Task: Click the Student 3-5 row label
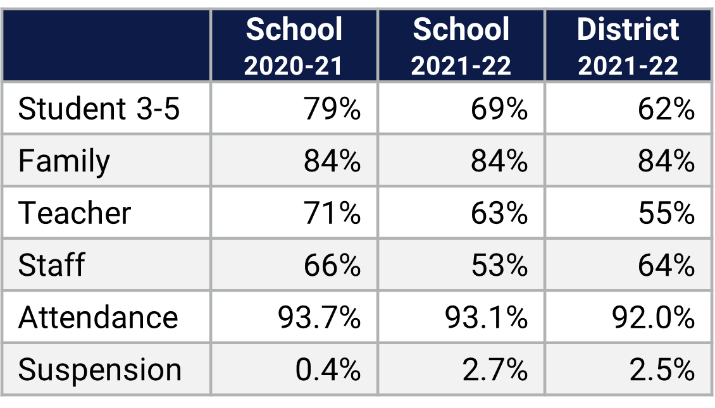(99, 109)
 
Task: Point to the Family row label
(64, 161)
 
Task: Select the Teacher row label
(75, 213)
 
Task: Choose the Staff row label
(51, 265)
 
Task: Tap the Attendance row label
(98, 317)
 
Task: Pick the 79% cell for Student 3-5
(332, 109)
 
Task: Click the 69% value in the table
(499, 109)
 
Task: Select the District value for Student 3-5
(666, 109)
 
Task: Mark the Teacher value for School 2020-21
(332, 213)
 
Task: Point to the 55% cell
(666, 213)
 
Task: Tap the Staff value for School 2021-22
(499, 265)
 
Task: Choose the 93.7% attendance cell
(319, 317)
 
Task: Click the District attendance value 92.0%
(653, 317)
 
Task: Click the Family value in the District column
(666, 161)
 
